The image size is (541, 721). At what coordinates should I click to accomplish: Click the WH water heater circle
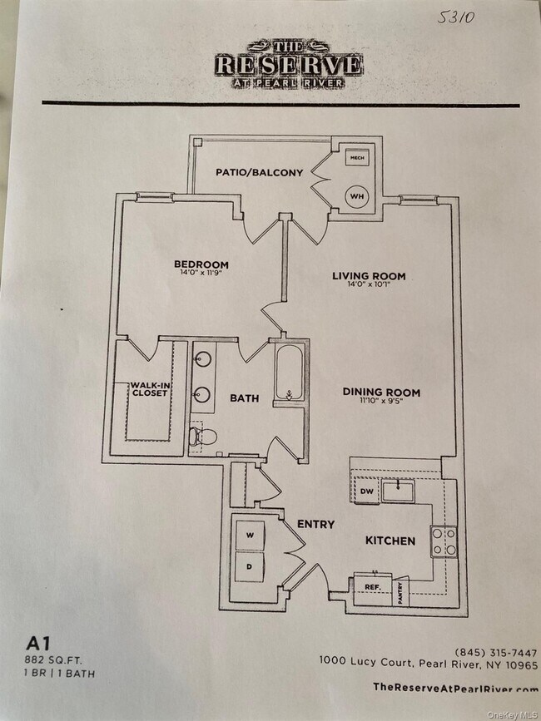(x=358, y=196)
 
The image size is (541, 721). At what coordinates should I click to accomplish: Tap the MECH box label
(x=358, y=158)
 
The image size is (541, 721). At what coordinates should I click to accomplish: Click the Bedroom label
(x=202, y=265)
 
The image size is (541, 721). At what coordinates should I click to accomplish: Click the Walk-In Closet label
(x=148, y=390)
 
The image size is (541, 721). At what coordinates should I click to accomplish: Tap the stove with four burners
(x=443, y=541)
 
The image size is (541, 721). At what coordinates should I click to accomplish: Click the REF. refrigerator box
(x=371, y=586)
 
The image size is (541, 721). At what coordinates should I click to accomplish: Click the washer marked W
(x=251, y=536)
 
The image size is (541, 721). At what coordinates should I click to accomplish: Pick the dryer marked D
(x=251, y=566)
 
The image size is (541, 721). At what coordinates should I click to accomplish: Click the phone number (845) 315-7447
(x=496, y=652)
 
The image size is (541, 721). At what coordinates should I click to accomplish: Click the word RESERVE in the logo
(x=289, y=64)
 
